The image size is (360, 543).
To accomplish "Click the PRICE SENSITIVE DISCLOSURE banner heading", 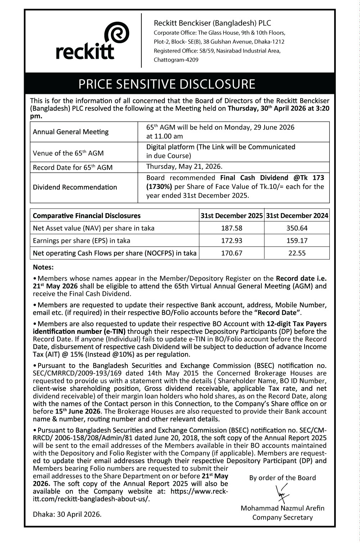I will pyautogui.click(x=167, y=84).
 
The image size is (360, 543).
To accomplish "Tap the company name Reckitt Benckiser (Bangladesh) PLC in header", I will pyautogui.click(x=212, y=23).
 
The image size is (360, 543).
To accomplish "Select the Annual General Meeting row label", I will pyautogui.click(x=71, y=132).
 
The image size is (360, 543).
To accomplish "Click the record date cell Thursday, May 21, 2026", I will pyautogui.click(x=184, y=167).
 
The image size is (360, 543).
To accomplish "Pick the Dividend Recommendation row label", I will pyautogui.click(x=75, y=187).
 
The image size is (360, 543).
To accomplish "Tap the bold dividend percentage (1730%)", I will pyautogui.click(x=159, y=187).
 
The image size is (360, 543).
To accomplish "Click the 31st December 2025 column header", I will pyautogui.click(x=231, y=216).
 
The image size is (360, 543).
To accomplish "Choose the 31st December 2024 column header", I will pyautogui.click(x=297, y=216).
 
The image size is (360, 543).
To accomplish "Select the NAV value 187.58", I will pyautogui.click(x=231, y=228).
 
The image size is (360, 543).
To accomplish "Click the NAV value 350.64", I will pyautogui.click(x=297, y=228).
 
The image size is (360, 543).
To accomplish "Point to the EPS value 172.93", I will pyautogui.click(x=231, y=240).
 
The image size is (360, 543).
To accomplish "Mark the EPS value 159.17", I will pyautogui.click(x=297, y=240).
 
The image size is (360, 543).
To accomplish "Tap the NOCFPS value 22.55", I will pyautogui.click(x=297, y=253).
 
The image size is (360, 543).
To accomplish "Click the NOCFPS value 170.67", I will pyautogui.click(x=231, y=253).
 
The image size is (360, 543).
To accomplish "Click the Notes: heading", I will pyautogui.click(x=43, y=267).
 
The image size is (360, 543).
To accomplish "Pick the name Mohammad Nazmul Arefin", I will pyautogui.click(x=282, y=508).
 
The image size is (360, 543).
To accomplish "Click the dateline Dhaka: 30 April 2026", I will pyautogui.click(x=67, y=514).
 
